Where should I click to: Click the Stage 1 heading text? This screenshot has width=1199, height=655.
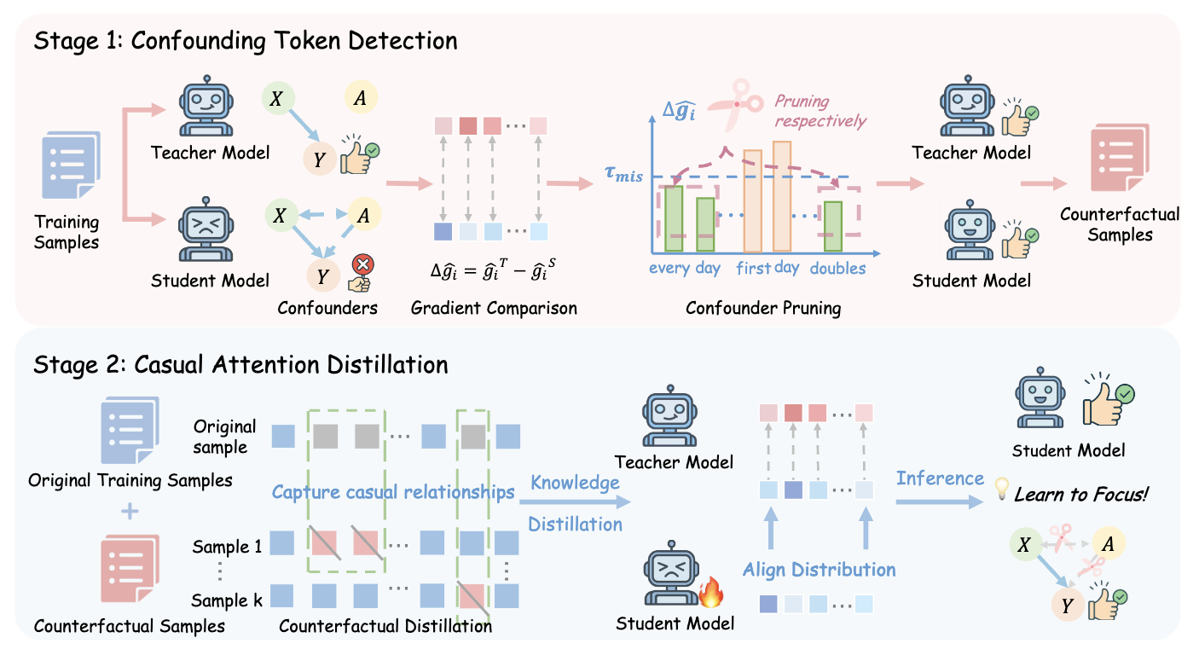(246, 40)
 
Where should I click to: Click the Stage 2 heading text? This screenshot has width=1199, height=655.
(240, 365)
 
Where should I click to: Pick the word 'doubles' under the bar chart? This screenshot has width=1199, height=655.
(837, 268)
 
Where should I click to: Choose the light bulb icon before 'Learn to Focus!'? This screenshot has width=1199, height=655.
(1001, 489)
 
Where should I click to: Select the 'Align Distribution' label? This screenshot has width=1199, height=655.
(819, 569)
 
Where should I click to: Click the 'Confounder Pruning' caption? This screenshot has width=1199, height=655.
(763, 308)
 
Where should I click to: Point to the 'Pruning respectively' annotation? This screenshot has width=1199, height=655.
(820, 111)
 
